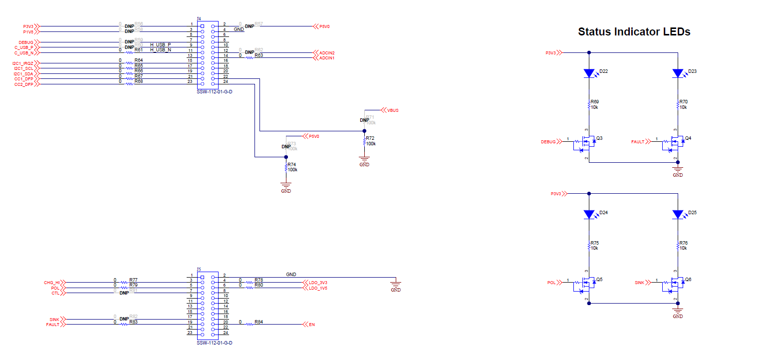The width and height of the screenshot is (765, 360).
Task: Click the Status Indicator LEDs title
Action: [x=634, y=32]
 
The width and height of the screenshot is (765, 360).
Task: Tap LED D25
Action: [x=678, y=215]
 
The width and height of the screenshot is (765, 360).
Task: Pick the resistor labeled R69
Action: [x=589, y=105]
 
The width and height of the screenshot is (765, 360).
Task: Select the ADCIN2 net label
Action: [x=327, y=53]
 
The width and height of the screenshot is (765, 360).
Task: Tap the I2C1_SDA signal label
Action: [x=23, y=74]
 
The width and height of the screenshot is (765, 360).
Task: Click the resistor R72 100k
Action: [x=365, y=142]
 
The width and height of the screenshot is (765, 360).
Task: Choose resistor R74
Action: [x=286, y=168]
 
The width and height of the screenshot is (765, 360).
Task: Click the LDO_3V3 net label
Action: [x=318, y=283]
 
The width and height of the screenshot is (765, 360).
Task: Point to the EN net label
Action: [x=311, y=325]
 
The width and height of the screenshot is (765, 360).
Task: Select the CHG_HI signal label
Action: [x=51, y=283]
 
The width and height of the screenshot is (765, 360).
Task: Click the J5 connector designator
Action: [x=199, y=269]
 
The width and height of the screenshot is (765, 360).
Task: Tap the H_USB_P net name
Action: [x=161, y=44]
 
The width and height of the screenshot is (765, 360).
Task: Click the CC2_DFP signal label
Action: [x=24, y=84]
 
